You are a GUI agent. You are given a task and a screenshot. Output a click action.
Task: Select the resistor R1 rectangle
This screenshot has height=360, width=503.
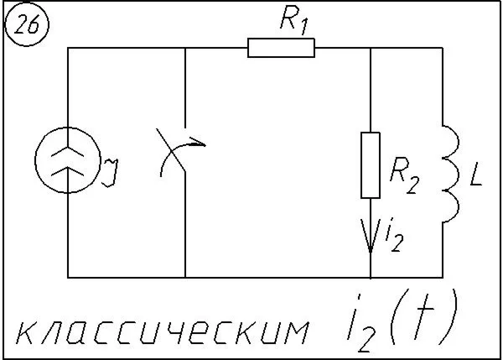click(x=282, y=49)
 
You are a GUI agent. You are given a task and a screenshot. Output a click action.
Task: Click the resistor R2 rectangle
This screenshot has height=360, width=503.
click(x=371, y=164)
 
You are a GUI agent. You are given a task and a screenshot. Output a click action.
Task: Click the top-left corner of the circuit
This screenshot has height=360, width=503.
click(x=67, y=49)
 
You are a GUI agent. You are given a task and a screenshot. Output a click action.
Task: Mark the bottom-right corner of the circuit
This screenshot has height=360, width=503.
click(x=441, y=277)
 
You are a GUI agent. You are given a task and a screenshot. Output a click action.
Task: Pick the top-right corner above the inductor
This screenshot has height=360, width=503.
click(x=441, y=49)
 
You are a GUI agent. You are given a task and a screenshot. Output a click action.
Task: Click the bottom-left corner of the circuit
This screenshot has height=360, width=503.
click(x=67, y=277)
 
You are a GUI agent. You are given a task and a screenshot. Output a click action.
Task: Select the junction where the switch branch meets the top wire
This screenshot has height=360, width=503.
click(x=184, y=49)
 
